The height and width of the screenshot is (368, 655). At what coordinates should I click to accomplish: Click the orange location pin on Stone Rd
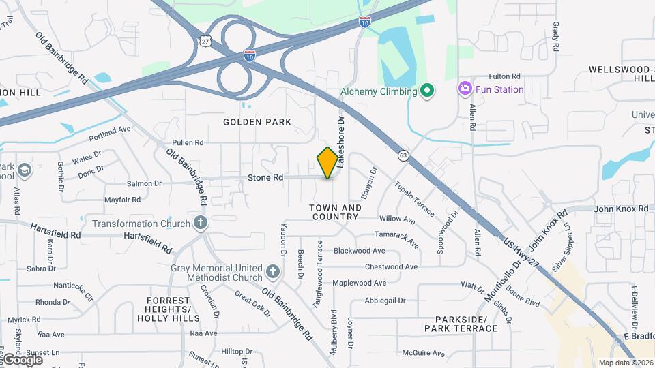[327, 162]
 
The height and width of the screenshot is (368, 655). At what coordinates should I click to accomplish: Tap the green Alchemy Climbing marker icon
[427, 91]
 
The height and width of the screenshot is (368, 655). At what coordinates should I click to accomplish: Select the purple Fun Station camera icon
[465, 88]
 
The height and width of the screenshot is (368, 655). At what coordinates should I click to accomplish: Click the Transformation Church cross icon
[200, 223]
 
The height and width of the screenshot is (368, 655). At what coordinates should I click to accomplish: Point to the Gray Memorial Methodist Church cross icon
[272, 273]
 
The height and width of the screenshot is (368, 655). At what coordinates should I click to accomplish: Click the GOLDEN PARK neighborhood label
[257, 122]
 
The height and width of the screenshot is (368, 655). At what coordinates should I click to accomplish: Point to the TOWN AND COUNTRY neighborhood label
[335, 212]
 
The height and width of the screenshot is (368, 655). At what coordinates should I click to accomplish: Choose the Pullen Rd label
[188, 143]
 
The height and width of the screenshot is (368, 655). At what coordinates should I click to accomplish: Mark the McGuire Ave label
[424, 353]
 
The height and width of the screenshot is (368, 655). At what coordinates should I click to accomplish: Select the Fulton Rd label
[504, 76]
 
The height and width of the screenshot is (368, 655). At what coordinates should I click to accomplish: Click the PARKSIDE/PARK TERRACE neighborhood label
[461, 324]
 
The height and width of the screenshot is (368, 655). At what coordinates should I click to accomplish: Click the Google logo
[22, 359]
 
